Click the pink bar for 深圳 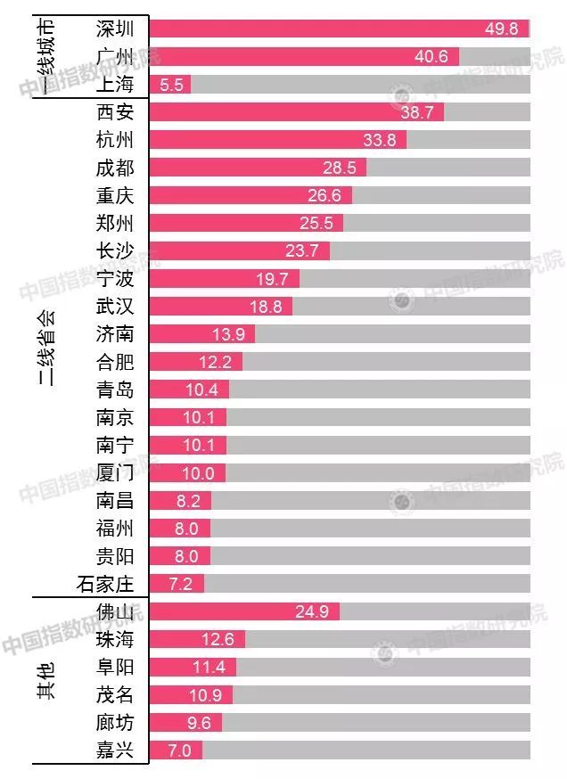pyautogui.click(x=339, y=29)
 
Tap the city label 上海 pyautogui.click(x=114, y=84)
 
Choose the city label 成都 pyautogui.click(x=114, y=168)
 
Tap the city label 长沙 pyautogui.click(x=114, y=250)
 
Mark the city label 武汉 pyautogui.click(x=114, y=306)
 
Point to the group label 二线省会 pyautogui.click(x=46, y=347)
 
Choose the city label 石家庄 pyautogui.click(x=104, y=584)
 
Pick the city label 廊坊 pyautogui.click(x=114, y=723)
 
